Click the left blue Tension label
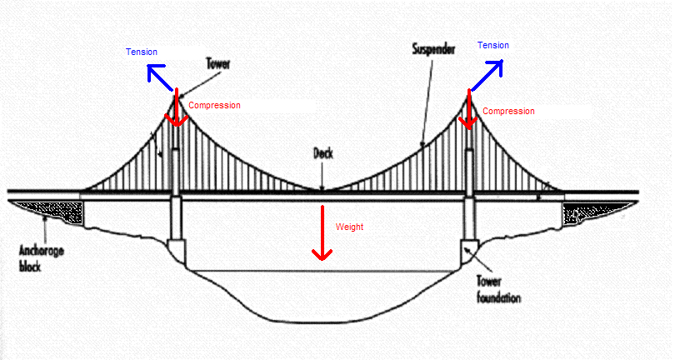(141, 52)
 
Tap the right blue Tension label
(492, 45)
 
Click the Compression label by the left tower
(214, 106)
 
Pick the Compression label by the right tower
(508, 111)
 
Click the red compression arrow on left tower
(175, 112)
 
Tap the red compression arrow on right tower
(468, 111)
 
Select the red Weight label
(349, 227)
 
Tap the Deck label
(324, 153)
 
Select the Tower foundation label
(498, 288)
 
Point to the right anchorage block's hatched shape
(593, 213)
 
